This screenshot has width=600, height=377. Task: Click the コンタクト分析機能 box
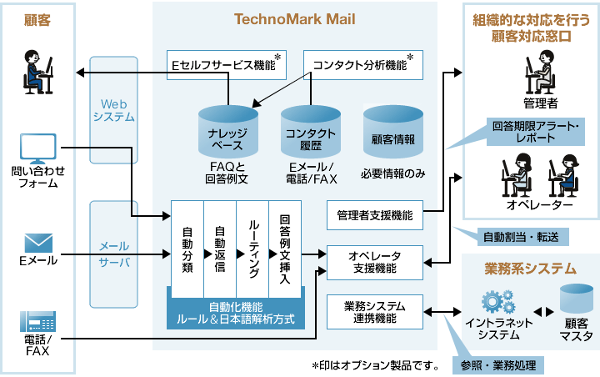[x=361, y=64]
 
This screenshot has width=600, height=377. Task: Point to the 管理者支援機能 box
[x=374, y=214]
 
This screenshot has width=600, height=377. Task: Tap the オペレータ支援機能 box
[x=374, y=262]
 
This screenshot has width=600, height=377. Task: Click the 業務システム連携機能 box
[x=374, y=310]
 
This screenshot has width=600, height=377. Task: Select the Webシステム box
[x=114, y=110]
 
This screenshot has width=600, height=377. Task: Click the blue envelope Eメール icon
[x=38, y=242]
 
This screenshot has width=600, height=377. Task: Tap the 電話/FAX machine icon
[x=37, y=323]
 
